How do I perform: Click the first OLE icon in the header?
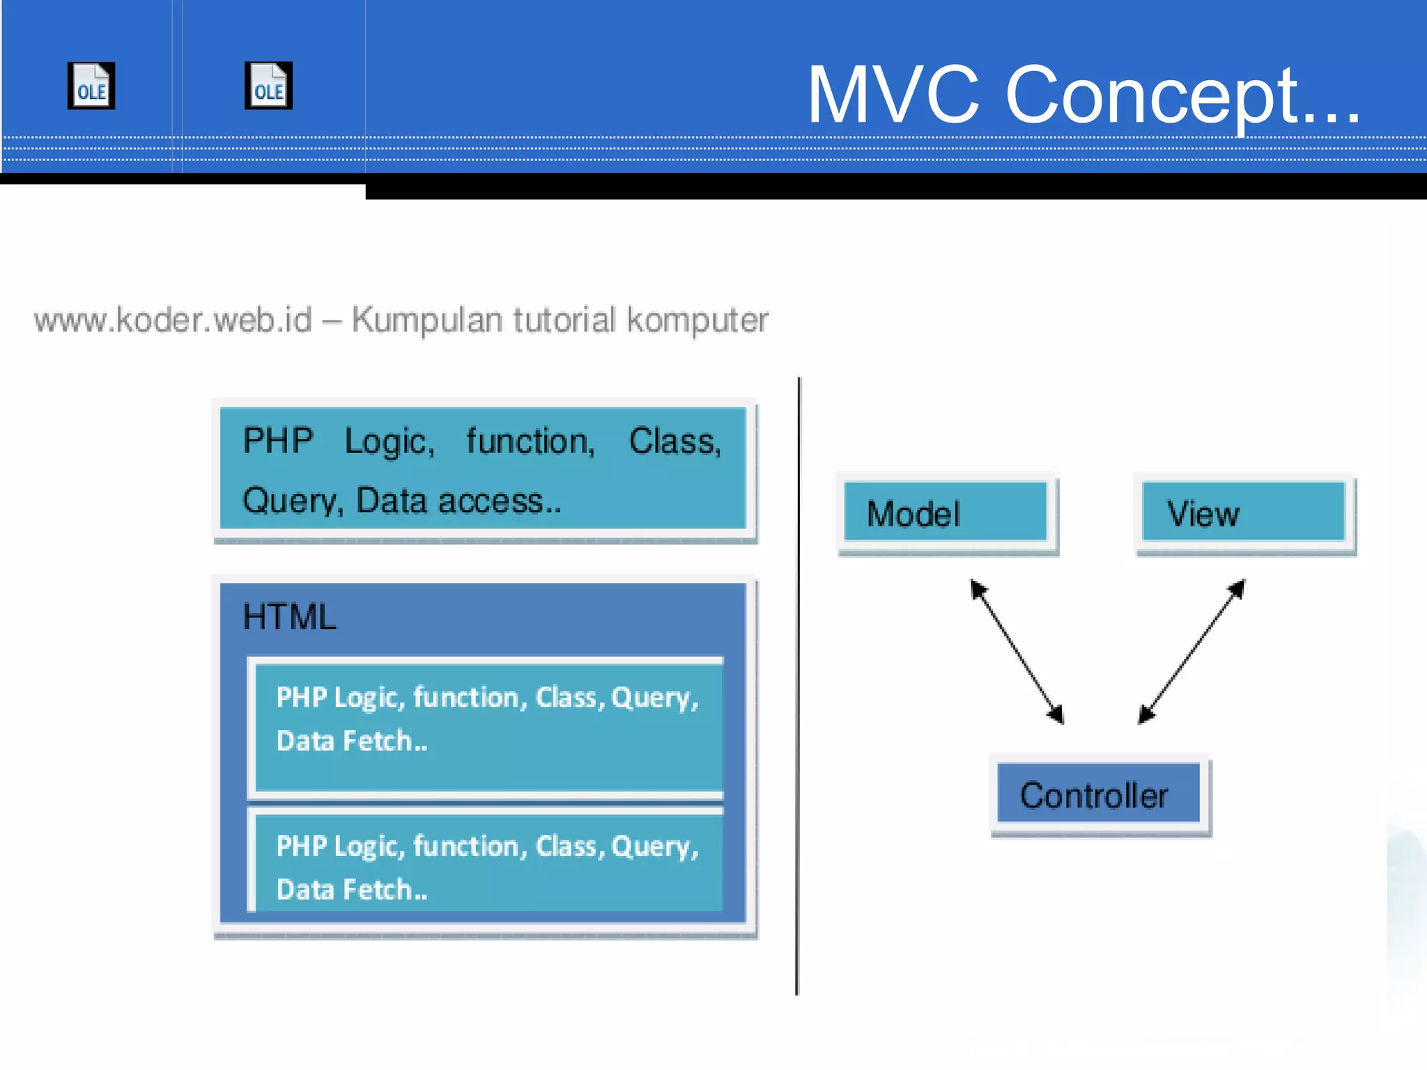pos(91,86)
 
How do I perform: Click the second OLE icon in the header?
pos(268,86)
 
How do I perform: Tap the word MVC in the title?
pos(893,95)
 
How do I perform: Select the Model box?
pos(946,513)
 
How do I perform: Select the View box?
pos(1244,513)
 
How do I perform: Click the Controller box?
pos(1098,794)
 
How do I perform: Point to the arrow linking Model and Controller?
pos(1017,652)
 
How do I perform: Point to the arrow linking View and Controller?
pos(1192,651)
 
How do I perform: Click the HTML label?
pos(289,617)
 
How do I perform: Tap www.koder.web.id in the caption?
pos(173,320)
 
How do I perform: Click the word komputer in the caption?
pos(697,320)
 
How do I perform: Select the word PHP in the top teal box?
pos(278,440)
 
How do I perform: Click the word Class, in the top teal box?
pos(674,441)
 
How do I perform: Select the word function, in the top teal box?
pos(530,441)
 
